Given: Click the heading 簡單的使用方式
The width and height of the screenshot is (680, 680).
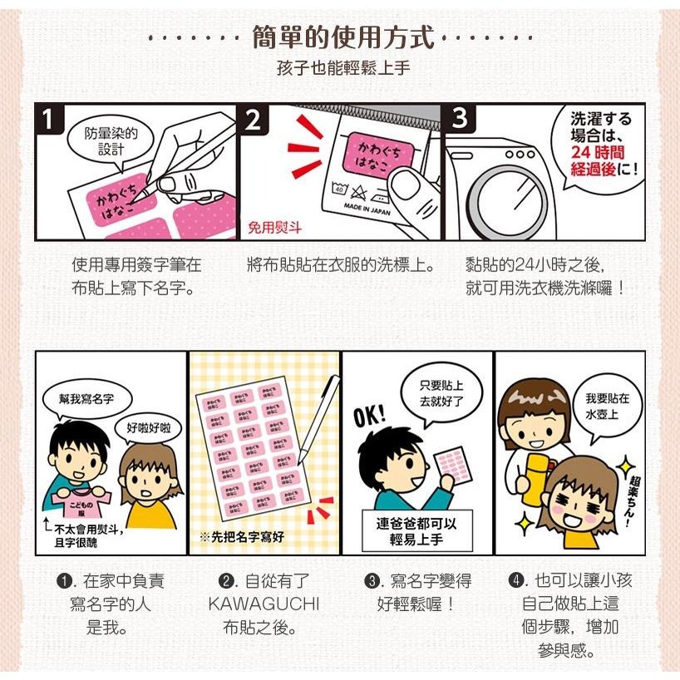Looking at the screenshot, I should tap(342, 37).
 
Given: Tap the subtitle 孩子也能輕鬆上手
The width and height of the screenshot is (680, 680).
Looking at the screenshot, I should tap(342, 68).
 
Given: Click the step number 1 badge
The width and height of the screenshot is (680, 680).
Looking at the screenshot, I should tap(52, 119).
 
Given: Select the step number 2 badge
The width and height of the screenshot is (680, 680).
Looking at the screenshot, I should tap(253, 119).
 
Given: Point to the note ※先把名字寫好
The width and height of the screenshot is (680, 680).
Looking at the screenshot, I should tap(241, 537).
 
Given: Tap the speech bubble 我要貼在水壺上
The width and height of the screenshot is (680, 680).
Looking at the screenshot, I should tap(606, 405).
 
